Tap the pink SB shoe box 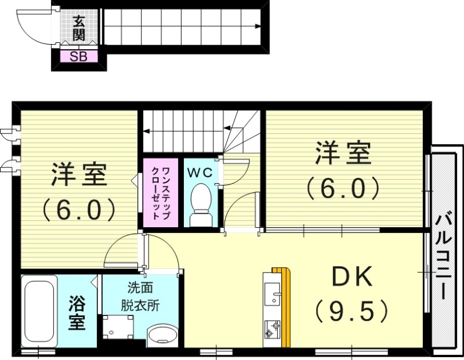click(x=79, y=57)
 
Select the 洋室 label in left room click(x=79, y=175)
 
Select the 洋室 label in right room click(x=343, y=153)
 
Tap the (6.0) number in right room click(x=343, y=187)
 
